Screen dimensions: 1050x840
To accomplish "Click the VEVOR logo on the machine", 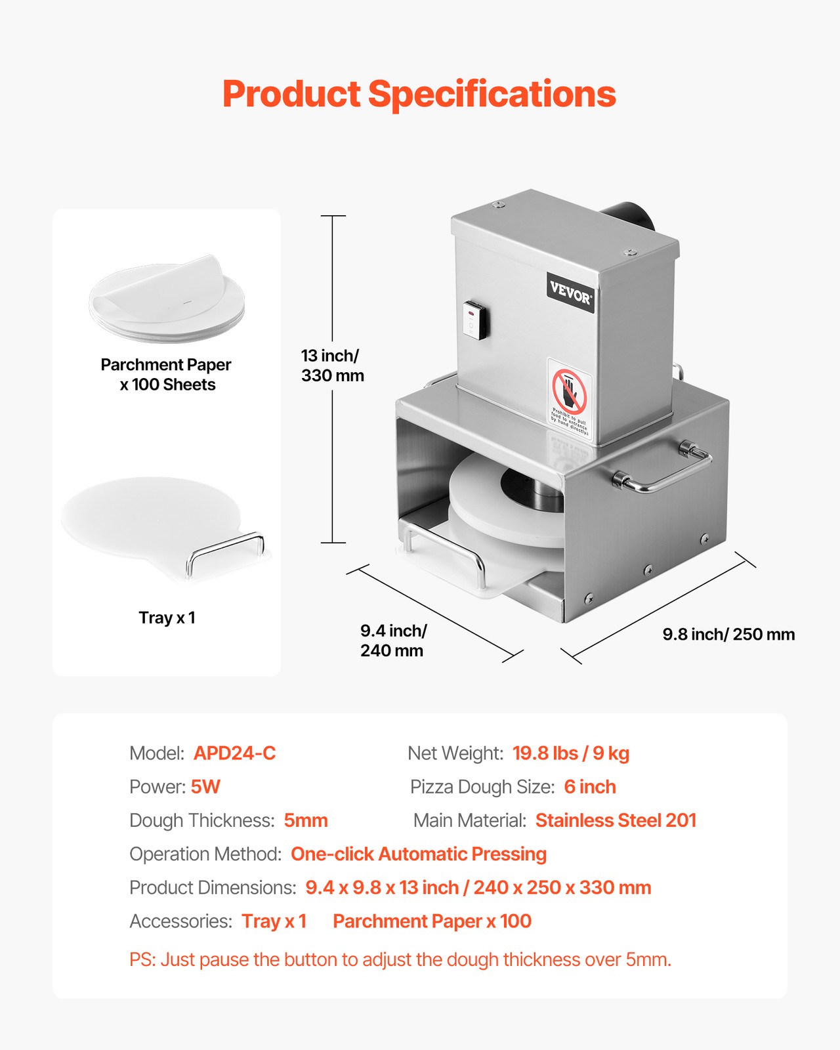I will [x=570, y=293].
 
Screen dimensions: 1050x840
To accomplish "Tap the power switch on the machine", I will [x=474, y=320].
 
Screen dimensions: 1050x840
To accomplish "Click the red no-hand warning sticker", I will [x=569, y=397].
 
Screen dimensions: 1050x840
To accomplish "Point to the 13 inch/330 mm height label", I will [x=332, y=366].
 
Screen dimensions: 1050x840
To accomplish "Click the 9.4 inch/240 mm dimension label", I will [x=393, y=640].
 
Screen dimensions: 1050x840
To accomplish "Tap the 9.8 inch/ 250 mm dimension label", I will [x=728, y=635].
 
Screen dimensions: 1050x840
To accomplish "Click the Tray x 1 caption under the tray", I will [x=167, y=618].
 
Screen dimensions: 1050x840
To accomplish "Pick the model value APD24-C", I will [x=234, y=753].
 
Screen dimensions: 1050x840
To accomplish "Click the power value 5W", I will [x=205, y=787].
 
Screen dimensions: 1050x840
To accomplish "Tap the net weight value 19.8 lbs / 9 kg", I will [x=570, y=753].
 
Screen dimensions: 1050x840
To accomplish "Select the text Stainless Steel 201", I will [x=616, y=820].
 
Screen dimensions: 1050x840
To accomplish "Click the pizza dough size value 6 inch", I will [x=589, y=787].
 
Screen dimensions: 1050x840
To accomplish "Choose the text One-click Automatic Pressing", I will [x=418, y=854].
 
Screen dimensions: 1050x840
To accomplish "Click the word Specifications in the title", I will [x=492, y=94].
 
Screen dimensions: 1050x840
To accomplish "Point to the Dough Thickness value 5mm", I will [x=305, y=820].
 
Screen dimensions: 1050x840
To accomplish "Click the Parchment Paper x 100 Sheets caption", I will [x=167, y=374].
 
